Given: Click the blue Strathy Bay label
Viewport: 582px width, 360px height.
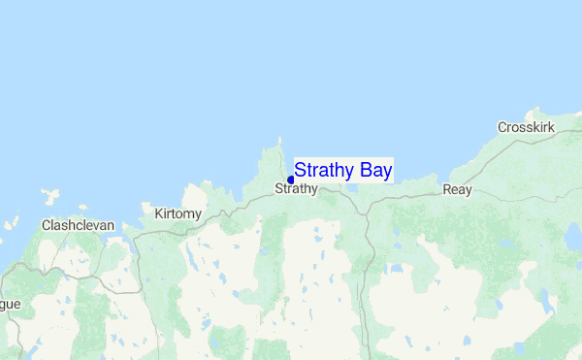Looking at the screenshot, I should pos(343,171).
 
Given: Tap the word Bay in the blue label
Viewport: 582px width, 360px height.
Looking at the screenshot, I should pos(374,171).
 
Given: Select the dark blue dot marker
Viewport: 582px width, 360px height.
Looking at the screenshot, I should pos(291,180).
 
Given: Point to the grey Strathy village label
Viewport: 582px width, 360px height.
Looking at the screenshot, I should pos(296,188).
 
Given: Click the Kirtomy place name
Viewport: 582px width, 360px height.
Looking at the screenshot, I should pos(178,213).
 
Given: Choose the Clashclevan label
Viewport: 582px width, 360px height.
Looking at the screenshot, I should pos(78,225).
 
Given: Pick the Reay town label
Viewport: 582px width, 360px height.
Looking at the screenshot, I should pos(457,189).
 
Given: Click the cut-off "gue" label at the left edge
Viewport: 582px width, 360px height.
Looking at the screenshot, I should pos(10,304).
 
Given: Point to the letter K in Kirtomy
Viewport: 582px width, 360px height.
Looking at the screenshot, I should pos(158,213).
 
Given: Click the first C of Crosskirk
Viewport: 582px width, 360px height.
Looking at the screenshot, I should pos(502,127).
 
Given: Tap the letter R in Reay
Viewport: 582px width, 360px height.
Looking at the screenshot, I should pos(447,189).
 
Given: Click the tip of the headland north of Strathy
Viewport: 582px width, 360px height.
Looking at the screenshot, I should pos(280,138).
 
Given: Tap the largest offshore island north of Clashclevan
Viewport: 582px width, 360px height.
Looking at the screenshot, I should pos(48,197).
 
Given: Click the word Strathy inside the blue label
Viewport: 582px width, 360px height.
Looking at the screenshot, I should pos(324,171).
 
